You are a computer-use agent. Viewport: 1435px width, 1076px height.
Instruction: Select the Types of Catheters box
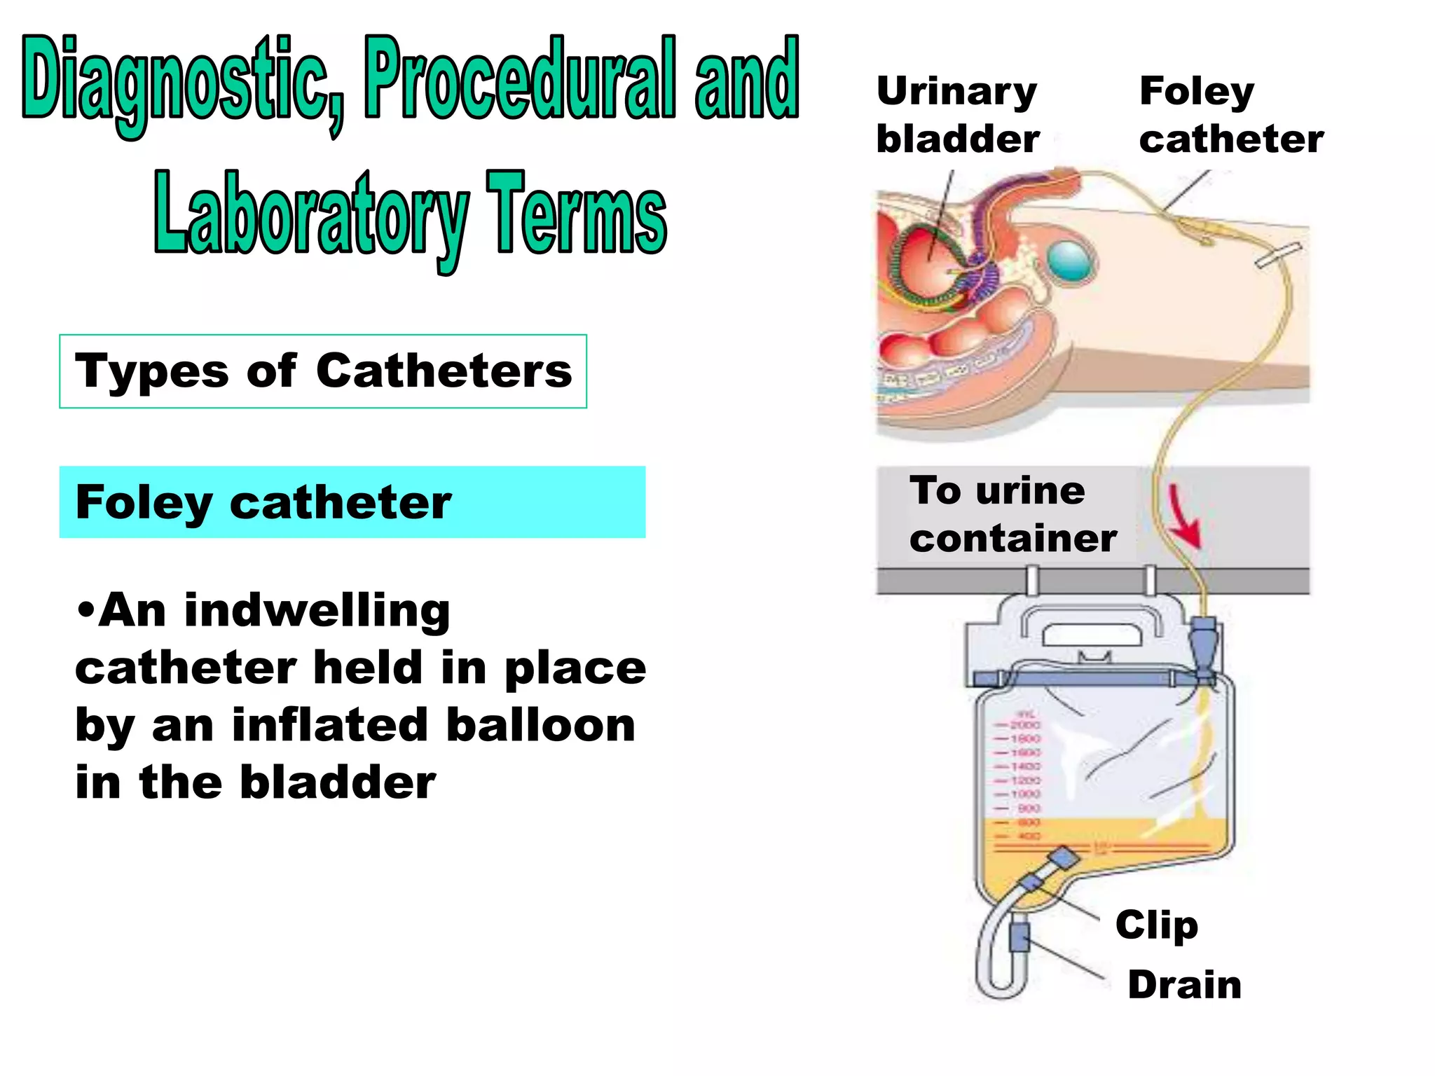(x=323, y=371)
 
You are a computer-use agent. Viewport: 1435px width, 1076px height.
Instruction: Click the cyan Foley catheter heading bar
(x=352, y=502)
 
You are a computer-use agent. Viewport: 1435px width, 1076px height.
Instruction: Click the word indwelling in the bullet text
(x=317, y=611)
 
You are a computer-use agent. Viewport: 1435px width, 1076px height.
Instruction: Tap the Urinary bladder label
(x=957, y=114)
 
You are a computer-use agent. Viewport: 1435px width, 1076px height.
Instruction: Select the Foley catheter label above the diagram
(x=1230, y=114)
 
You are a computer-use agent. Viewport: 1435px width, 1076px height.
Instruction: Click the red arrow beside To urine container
(x=1186, y=517)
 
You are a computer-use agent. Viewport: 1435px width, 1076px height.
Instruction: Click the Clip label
(x=1157, y=925)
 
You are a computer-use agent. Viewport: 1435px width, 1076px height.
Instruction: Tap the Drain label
(x=1184, y=984)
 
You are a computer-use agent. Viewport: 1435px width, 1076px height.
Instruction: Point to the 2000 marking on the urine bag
(x=1025, y=724)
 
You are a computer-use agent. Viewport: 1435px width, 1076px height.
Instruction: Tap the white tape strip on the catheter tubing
(x=1277, y=255)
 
